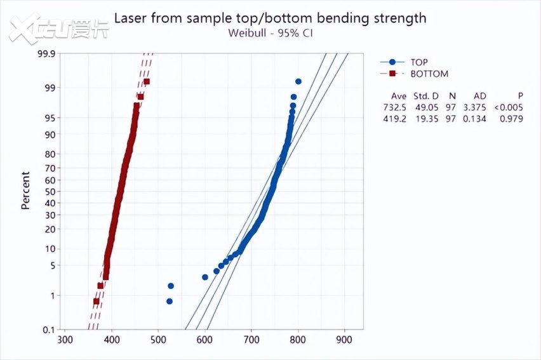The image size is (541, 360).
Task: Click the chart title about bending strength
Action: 270,17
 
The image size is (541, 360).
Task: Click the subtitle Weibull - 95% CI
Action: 270,32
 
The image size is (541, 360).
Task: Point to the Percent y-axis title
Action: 26,190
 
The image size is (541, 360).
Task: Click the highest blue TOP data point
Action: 298,81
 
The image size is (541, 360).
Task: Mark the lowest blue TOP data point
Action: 170,301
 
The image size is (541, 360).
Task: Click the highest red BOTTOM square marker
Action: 147,81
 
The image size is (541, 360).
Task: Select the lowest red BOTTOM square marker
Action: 97,301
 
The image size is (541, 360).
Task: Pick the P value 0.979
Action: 511,118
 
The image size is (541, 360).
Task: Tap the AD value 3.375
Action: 480,107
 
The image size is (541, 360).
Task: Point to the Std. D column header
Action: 426,95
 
